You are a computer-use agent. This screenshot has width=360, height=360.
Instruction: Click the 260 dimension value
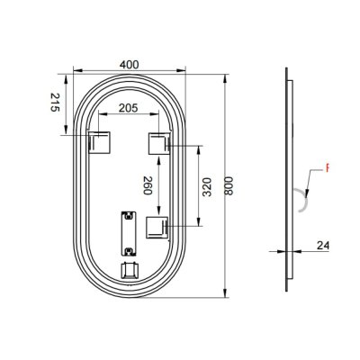[x=147, y=186]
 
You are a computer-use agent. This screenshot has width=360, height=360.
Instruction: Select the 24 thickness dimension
[x=322, y=244]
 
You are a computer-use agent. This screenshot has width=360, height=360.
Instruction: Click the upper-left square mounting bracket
[x=98, y=142]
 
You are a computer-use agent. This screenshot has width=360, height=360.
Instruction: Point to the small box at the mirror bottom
[x=130, y=269]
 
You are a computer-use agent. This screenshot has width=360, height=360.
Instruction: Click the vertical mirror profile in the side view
[x=288, y=180]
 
